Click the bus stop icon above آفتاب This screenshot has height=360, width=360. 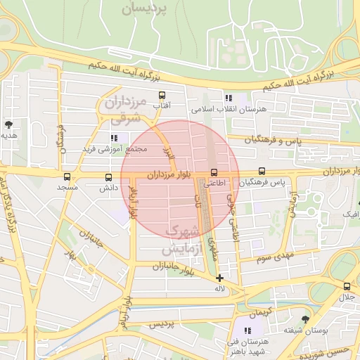click(x=162, y=95)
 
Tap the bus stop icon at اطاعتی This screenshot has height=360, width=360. click(x=214, y=172)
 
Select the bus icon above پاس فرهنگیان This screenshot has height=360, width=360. click(x=262, y=171)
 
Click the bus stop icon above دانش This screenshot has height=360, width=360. click(x=108, y=178)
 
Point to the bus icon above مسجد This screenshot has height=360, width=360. click(x=67, y=177)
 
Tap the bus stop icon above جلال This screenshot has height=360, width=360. click(x=347, y=286)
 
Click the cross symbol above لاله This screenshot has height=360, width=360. click(x=220, y=278)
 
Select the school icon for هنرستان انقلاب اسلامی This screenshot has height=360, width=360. click(x=228, y=98)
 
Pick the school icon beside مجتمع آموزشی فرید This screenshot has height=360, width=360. click(x=114, y=138)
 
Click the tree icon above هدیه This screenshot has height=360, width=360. click(x=8, y=124)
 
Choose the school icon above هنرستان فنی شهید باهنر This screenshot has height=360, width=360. click(x=247, y=330)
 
